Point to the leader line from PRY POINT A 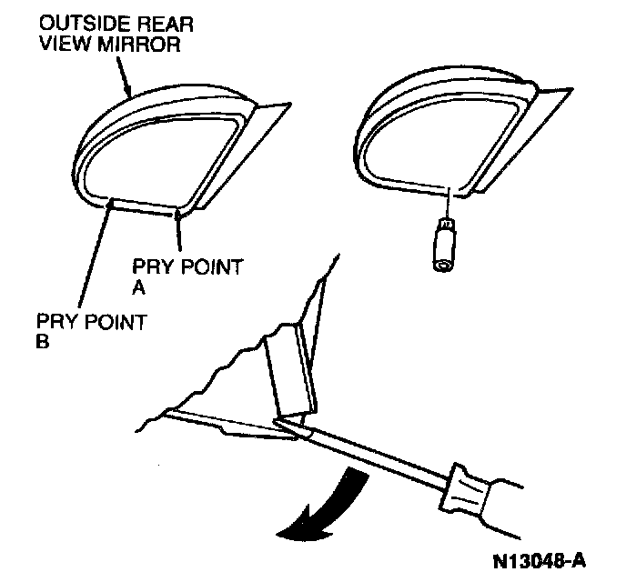178,233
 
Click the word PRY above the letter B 54,325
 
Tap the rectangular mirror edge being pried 289,373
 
